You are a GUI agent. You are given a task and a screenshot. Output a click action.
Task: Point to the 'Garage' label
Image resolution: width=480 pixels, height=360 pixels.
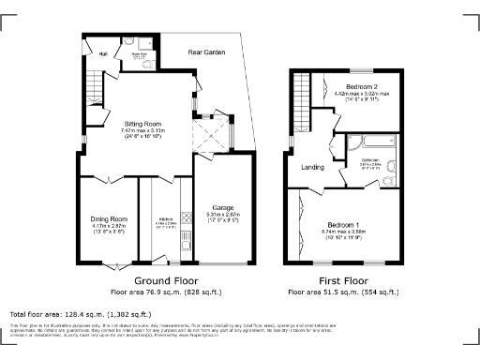(222, 207)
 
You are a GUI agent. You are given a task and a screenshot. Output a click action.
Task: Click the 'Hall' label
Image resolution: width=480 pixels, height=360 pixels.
(104, 53)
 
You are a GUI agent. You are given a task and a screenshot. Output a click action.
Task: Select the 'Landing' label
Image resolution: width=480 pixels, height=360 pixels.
(312, 169)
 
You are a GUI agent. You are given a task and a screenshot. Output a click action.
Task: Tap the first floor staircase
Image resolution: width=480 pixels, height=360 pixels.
(300, 95)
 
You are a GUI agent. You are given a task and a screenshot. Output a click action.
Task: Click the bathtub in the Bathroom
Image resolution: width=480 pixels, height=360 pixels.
(380, 143)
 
